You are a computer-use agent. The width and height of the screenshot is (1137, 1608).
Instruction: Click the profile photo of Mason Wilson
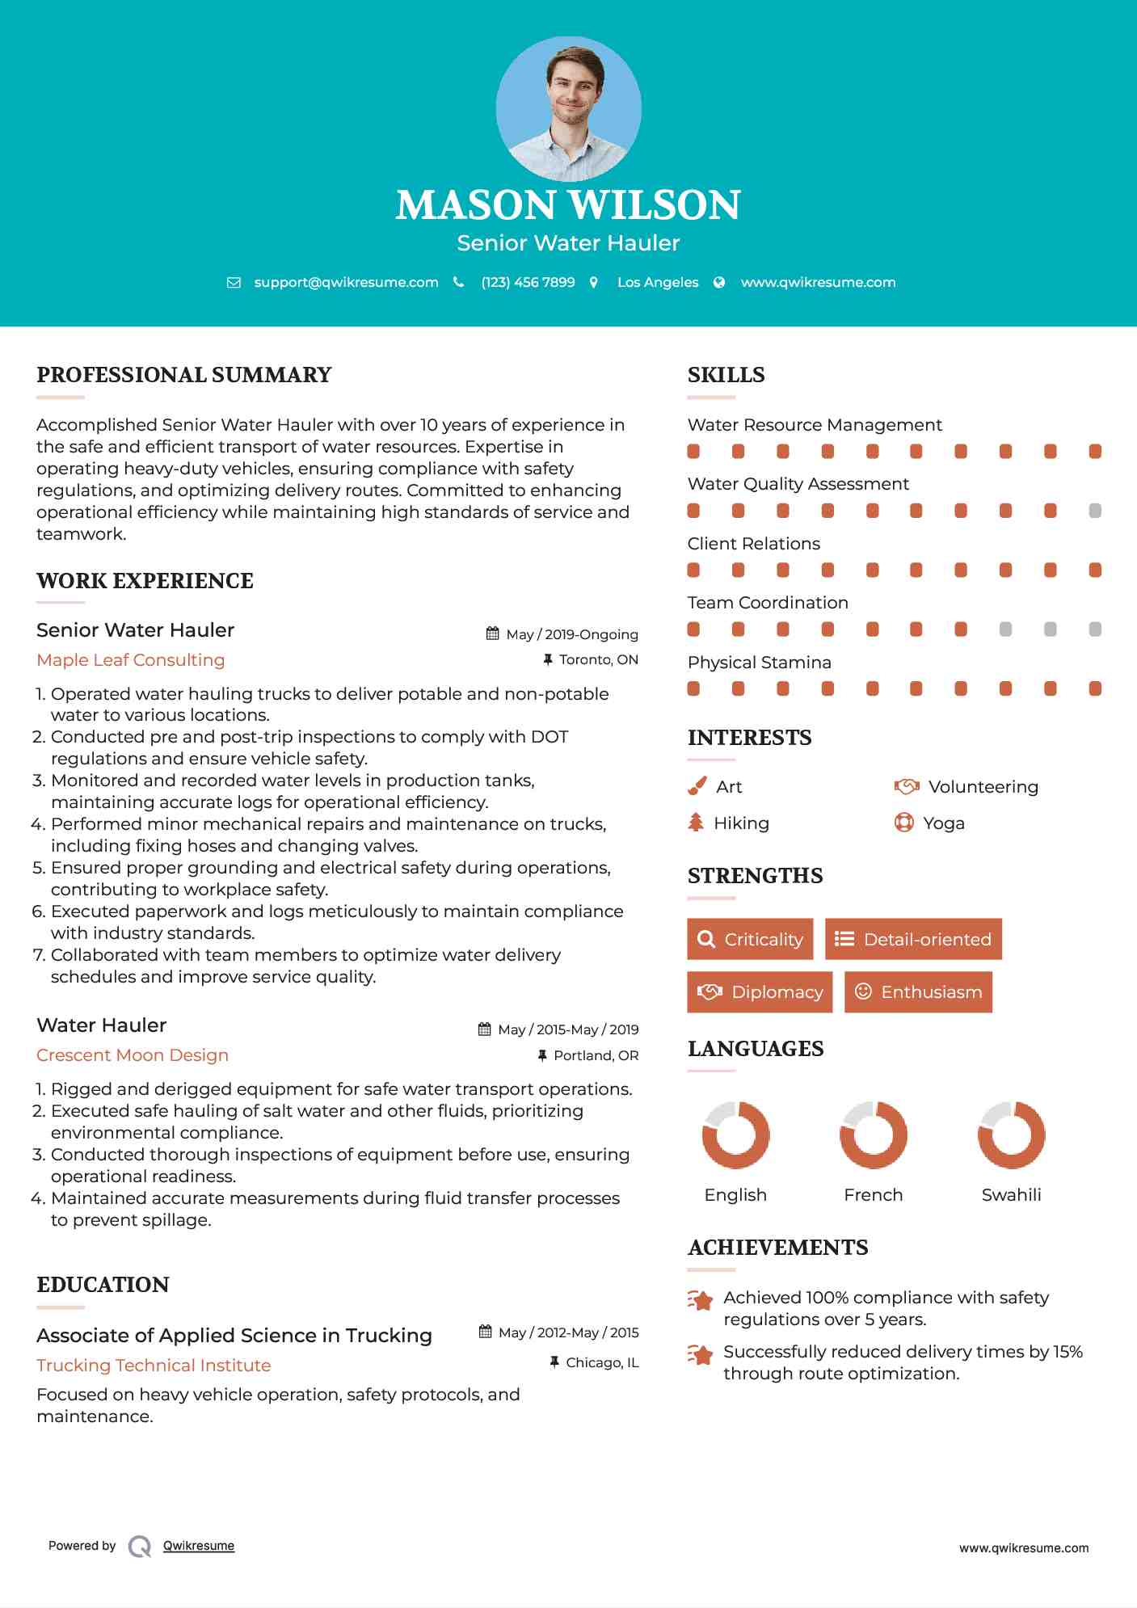coord(568,108)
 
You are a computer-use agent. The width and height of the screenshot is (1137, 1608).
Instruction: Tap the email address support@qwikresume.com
coord(346,282)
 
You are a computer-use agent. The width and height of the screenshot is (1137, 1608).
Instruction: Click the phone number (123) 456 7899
coord(528,282)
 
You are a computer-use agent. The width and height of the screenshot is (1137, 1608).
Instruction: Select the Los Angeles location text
coord(658,282)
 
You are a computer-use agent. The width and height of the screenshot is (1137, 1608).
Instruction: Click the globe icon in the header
coord(719,282)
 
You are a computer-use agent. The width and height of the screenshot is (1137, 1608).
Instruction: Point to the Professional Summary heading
coord(184,375)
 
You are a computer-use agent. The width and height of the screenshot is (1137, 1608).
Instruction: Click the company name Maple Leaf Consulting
coord(131,660)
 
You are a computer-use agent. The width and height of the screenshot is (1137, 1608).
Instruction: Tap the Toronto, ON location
coord(598,660)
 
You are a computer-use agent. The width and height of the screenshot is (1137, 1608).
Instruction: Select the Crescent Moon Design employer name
coord(133,1055)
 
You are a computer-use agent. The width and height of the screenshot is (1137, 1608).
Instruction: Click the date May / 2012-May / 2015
coord(568,1332)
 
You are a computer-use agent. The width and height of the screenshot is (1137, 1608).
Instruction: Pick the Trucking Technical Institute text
coord(154,1366)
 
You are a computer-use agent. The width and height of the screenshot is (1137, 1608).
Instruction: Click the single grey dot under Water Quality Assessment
coord(1095,511)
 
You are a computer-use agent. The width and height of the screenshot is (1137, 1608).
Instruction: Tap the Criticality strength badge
coord(750,939)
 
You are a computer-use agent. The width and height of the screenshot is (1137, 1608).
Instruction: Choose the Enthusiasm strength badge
coord(918,992)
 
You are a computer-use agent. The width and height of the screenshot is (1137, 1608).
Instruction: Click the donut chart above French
coord(874,1134)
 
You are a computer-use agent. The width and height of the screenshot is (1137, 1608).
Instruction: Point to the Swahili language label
coord(1011,1195)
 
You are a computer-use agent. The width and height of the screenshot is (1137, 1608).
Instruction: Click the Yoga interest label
coord(944,823)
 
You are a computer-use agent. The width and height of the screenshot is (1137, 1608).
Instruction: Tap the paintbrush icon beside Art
coord(697,786)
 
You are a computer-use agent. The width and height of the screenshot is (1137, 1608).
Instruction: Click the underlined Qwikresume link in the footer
coord(199,1546)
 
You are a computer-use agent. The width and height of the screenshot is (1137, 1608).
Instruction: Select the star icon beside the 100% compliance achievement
coord(701,1300)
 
